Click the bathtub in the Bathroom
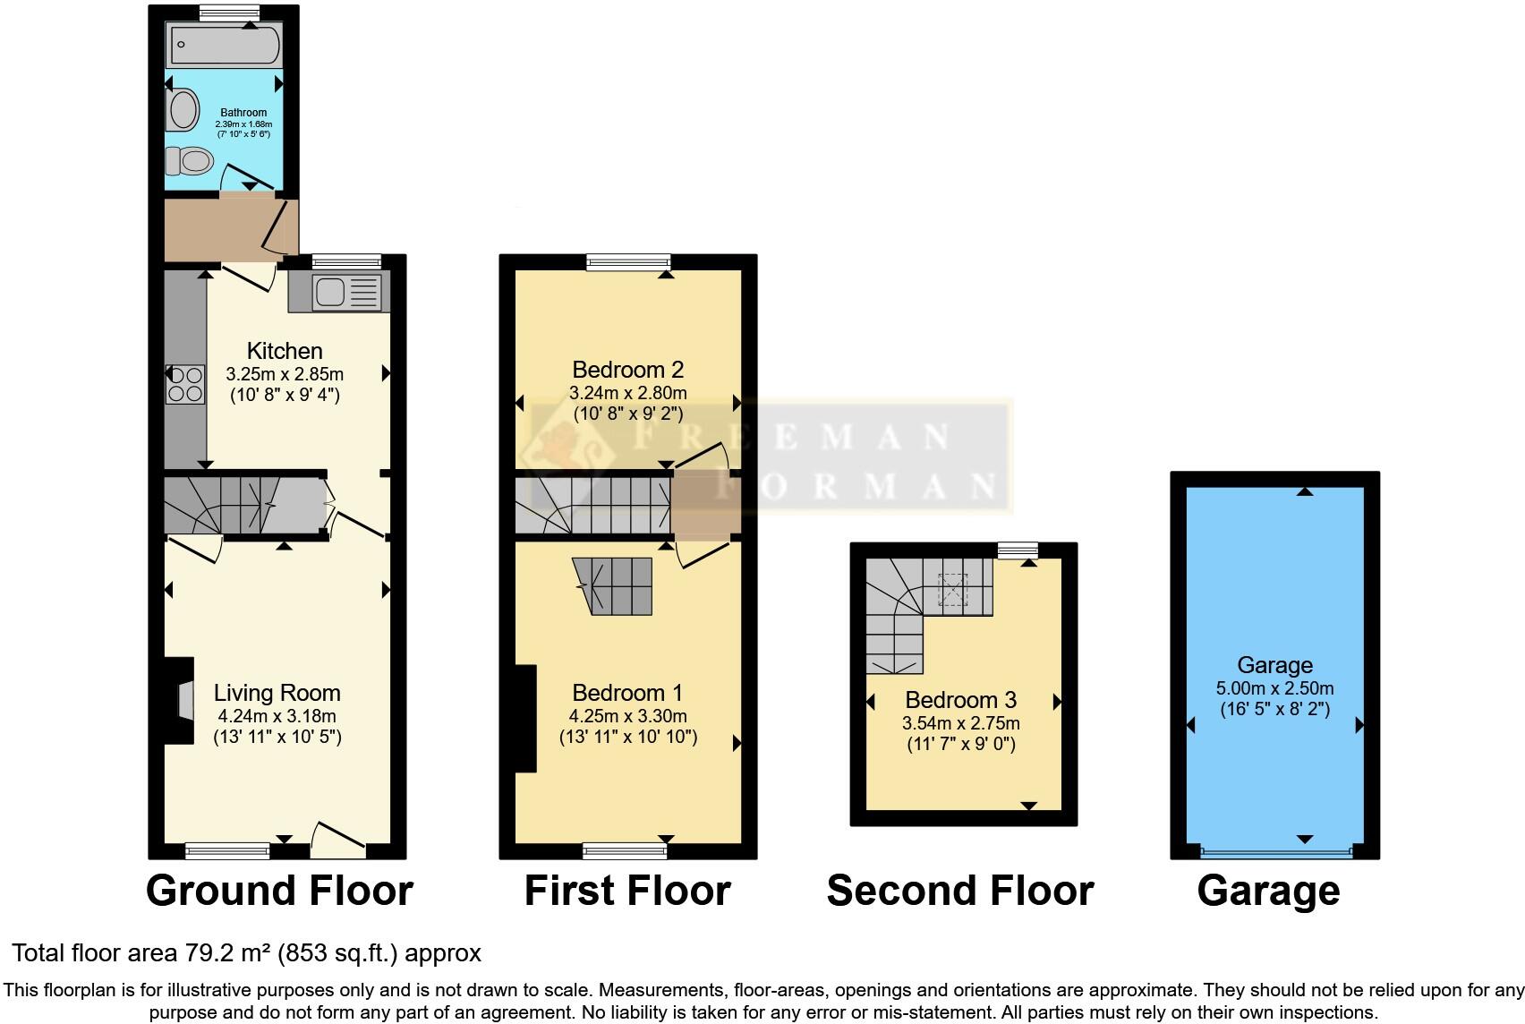[x=224, y=45]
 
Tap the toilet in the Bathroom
[x=190, y=161]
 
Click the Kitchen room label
[x=285, y=351]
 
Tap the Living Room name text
[x=277, y=693]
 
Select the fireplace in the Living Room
[x=183, y=701]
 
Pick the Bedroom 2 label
[x=627, y=369]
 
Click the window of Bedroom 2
[x=628, y=261]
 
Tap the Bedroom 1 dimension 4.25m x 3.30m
[x=627, y=716]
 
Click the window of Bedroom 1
[x=624, y=849]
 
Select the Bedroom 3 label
[x=960, y=700]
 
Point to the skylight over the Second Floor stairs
[x=952, y=589]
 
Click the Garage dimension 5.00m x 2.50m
[x=1274, y=688]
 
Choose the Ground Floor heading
[x=279, y=891]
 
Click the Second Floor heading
[x=960, y=891]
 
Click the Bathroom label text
[x=243, y=113]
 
